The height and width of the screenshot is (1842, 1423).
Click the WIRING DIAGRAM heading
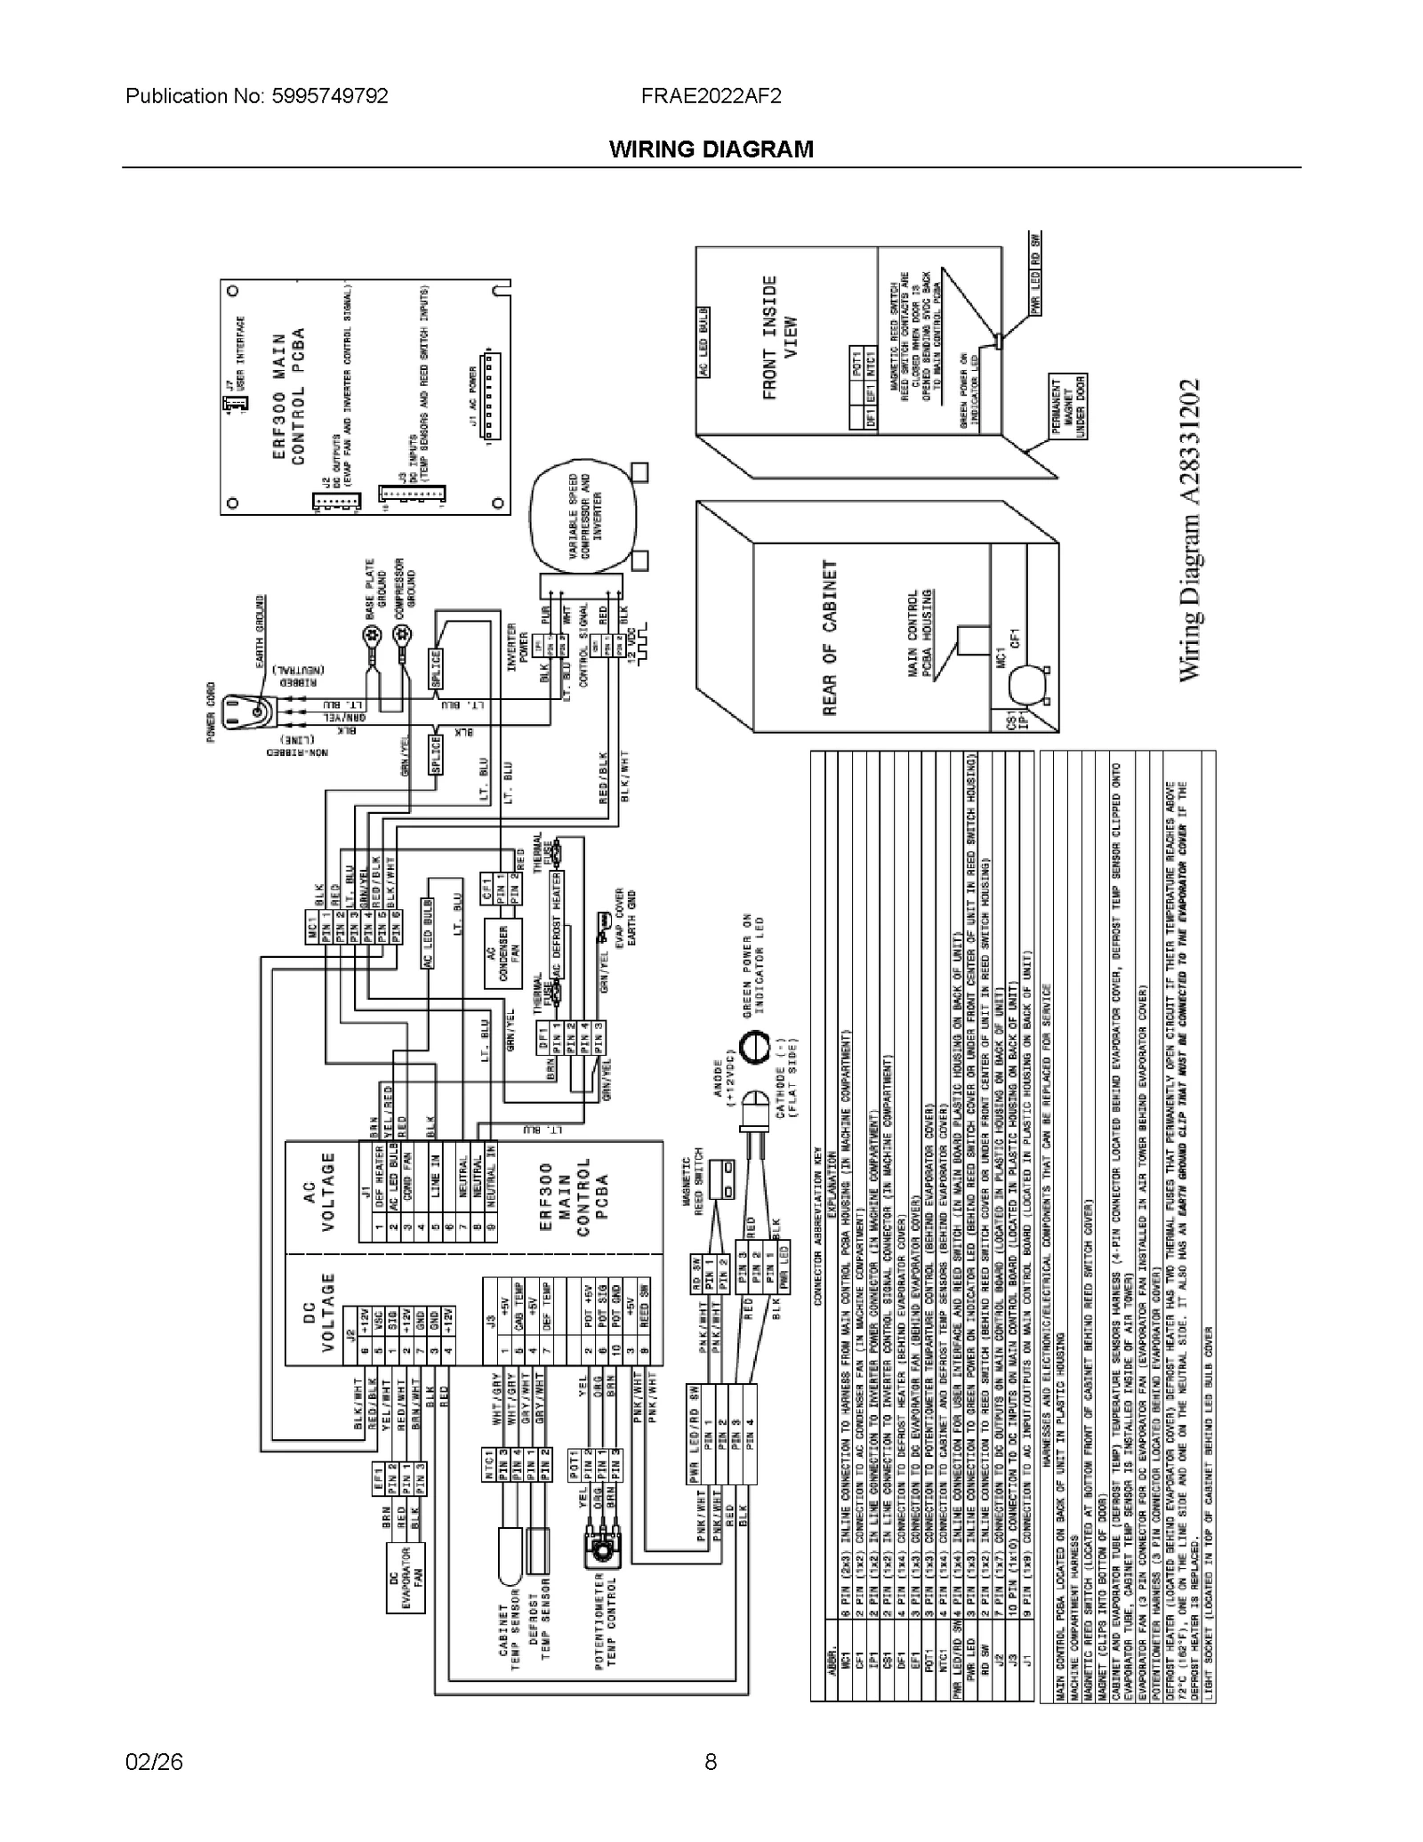(x=711, y=149)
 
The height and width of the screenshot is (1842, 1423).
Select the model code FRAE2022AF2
(x=711, y=96)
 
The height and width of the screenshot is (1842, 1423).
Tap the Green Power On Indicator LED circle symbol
(x=755, y=1047)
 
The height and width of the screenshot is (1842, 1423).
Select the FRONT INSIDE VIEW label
(x=779, y=337)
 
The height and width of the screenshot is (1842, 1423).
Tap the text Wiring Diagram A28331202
(x=1190, y=531)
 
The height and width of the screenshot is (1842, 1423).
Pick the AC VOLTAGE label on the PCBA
(x=319, y=1192)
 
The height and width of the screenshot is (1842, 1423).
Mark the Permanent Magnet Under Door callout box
(x=1068, y=407)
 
